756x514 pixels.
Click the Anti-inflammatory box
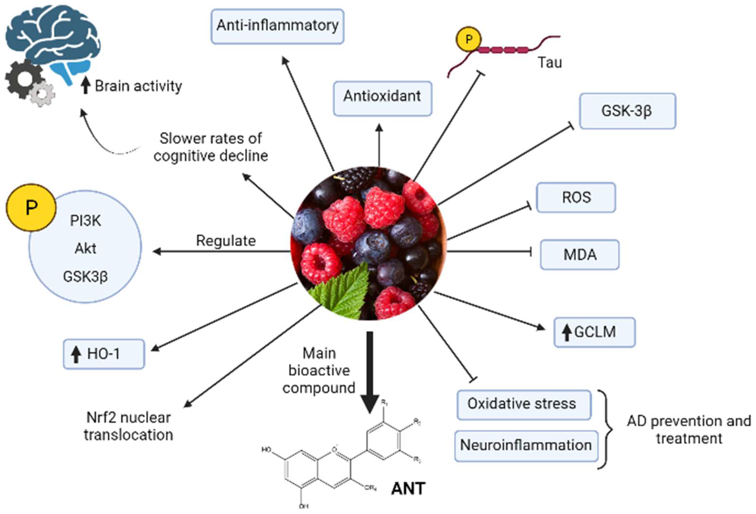pos(277,26)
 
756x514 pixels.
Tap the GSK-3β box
pos(627,111)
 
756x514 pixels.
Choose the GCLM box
pos(594,332)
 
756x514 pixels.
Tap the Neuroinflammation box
pos(526,445)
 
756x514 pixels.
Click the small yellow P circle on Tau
pos(468,39)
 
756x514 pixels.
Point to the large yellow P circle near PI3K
pos(31,207)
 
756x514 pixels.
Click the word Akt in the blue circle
pos(85,249)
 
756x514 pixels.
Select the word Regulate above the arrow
pos(226,241)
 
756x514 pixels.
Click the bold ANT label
pos(408,489)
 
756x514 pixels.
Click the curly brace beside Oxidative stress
pos(606,429)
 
